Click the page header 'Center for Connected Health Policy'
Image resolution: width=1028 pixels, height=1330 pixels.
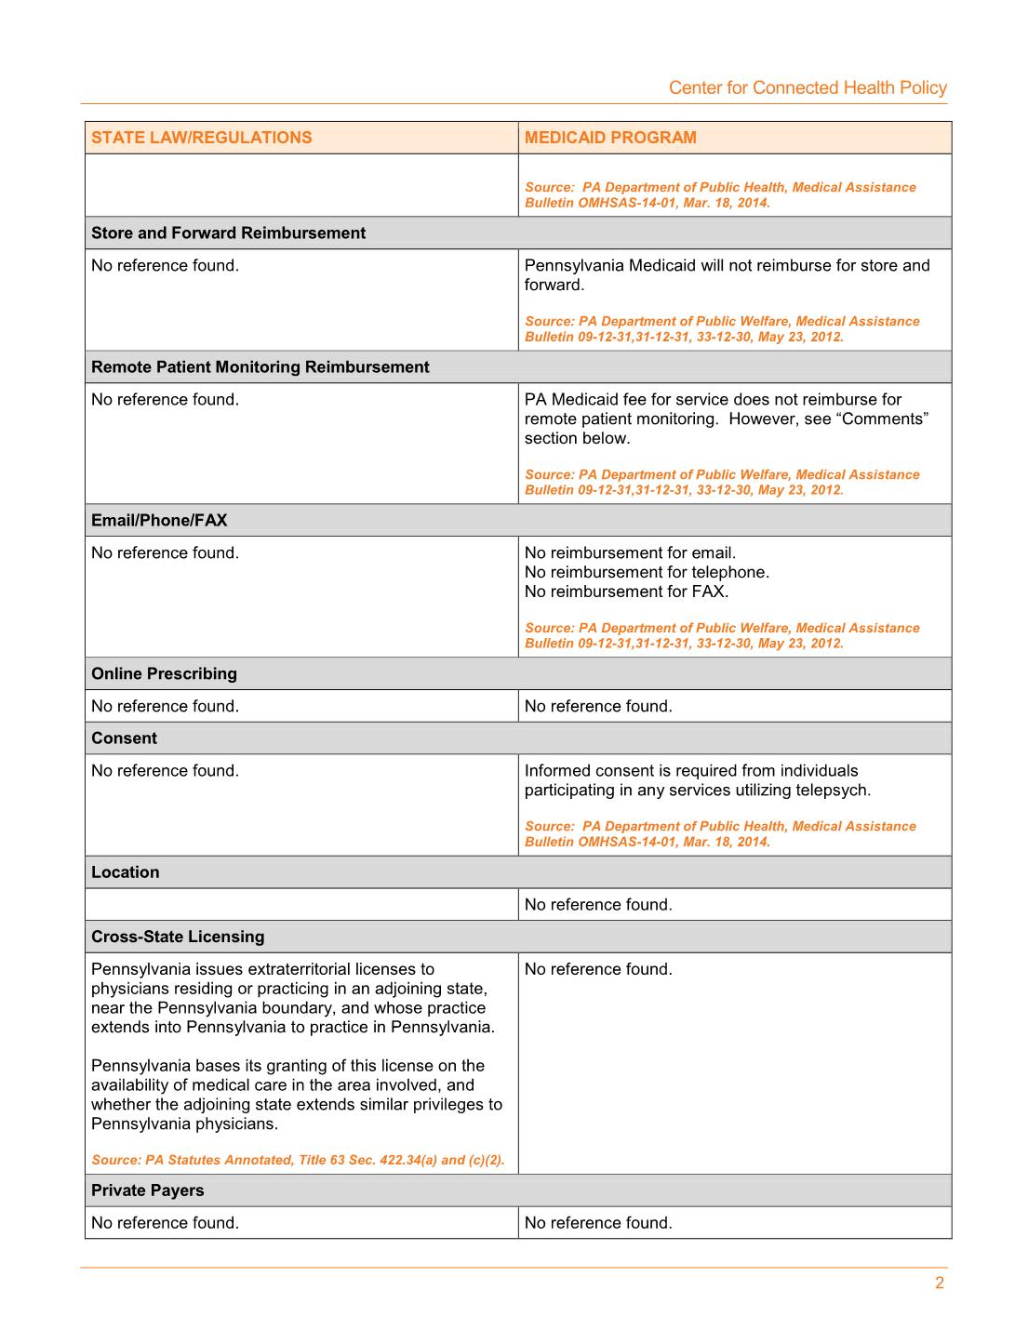click(x=808, y=88)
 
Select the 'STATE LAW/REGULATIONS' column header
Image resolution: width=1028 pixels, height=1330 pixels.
click(x=202, y=138)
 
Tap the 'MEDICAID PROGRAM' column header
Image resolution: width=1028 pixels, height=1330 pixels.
click(x=610, y=138)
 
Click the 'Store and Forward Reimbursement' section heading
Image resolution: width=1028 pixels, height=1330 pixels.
click(x=228, y=233)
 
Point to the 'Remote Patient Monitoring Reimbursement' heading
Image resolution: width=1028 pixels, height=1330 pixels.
click(x=260, y=367)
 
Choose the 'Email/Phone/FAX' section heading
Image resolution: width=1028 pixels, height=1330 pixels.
click(x=159, y=521)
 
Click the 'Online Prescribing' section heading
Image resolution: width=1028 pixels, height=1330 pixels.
click(x=164, y=674)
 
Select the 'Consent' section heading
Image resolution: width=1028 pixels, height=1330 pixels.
click(x=124, y=738)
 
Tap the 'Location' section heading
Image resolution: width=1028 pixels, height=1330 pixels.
click(x=126, y=872)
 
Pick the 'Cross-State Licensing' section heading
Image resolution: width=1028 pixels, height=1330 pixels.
click(x=178, y=937)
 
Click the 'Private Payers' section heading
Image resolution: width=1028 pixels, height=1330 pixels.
click(x=147, y=1190)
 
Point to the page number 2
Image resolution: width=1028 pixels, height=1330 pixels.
click(x=940, y=1283)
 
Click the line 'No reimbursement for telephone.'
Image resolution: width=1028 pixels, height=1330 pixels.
click(x=647, y=573)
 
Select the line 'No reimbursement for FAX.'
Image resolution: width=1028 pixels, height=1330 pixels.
click(x=626, y=592)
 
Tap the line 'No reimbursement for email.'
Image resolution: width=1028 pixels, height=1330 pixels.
click(x=630, y=553)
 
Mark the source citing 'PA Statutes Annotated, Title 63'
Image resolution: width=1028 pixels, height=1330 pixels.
click(x=298, y=1161)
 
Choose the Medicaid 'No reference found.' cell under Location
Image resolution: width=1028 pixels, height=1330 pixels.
click(x=598, y=905)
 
